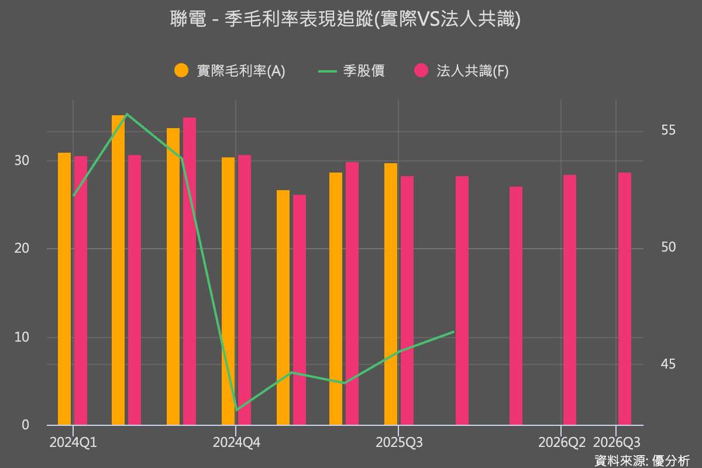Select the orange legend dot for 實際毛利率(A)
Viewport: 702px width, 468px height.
182,71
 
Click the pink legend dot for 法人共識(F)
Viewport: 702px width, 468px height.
421,71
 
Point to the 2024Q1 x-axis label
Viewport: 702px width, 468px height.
73,442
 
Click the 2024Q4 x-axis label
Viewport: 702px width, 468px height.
236,442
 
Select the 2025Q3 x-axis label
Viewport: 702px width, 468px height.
398,442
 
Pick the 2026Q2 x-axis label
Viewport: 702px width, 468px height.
562,442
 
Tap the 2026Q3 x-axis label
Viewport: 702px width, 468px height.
617,442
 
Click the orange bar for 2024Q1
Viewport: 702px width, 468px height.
64,290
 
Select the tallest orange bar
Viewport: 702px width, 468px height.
118,269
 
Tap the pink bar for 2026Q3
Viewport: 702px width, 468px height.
625,298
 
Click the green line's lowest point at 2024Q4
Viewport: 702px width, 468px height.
236,409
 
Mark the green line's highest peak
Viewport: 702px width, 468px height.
127,114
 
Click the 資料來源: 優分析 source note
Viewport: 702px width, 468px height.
642,460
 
